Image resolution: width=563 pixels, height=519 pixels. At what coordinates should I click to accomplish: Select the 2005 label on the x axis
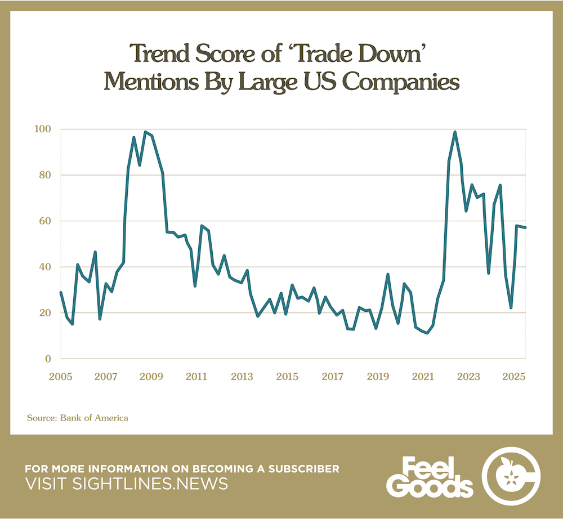[x=60, y=375]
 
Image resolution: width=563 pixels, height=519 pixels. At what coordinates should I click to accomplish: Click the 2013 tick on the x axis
[x=241, y=375]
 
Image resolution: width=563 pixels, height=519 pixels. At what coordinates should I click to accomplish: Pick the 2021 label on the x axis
[x=423, y=375]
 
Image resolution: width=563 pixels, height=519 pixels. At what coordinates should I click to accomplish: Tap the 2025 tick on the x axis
[x=514, y=375]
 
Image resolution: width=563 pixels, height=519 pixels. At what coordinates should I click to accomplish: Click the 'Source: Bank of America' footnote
[x=78, y=418]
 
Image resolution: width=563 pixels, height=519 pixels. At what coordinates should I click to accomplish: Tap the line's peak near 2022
[x=455, y=132]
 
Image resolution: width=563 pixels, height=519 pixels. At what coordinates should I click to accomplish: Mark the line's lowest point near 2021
[x=427, y=333]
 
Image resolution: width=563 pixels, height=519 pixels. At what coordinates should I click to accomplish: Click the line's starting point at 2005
[x=61, y=292]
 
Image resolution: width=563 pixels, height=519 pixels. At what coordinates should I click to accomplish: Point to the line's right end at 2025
[x=525, y=227]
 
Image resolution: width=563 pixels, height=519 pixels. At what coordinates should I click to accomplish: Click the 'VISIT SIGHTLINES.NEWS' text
[x=126, y=484]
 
